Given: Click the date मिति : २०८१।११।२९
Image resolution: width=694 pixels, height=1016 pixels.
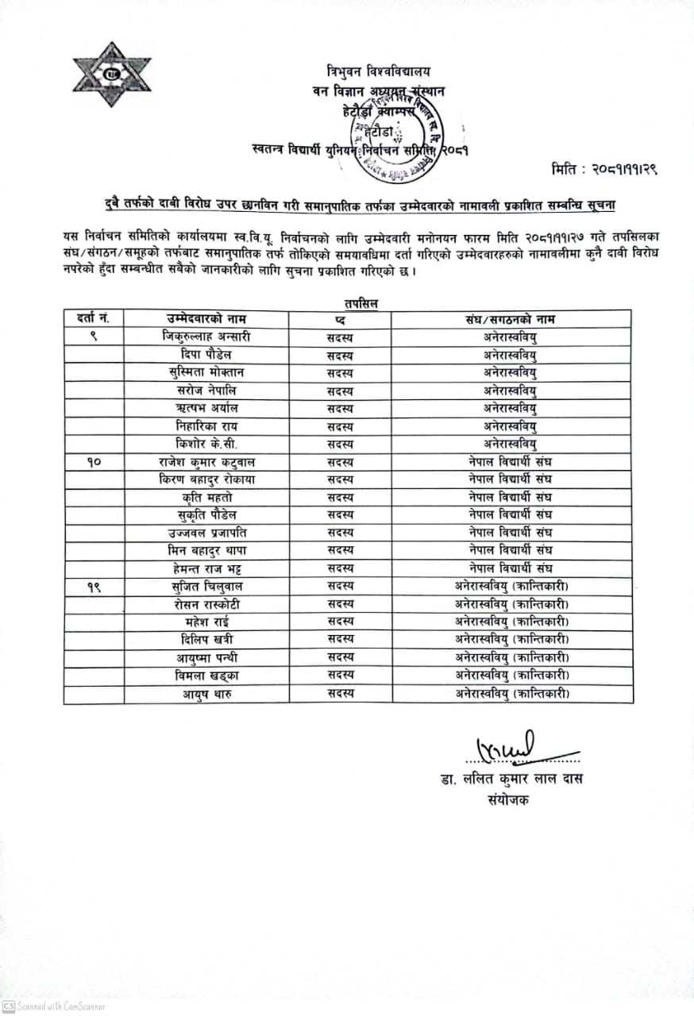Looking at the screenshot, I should [606, 169].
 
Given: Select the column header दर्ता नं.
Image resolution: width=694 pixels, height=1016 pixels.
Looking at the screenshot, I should [94, 319].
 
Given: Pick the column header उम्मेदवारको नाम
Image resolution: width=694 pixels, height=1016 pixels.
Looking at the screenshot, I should [206, 319].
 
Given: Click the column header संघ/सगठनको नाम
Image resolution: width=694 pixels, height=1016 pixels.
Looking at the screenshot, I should [511, 319].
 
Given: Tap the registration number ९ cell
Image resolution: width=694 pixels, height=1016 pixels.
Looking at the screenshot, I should [94, 337].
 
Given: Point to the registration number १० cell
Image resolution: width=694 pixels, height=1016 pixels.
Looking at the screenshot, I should [94, 461].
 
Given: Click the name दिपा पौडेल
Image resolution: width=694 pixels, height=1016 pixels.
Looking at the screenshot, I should [206, 355].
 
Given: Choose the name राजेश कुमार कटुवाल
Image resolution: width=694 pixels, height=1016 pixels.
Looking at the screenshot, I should [206, 461].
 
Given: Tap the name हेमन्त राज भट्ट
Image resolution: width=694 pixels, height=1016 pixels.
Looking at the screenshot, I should [206, 568].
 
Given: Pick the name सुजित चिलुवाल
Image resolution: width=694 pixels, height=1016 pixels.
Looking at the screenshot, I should [206, 586].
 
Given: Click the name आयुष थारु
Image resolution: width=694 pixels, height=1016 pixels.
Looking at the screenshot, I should [206, 693].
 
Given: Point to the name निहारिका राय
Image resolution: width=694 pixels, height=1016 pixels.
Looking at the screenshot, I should [206, 426].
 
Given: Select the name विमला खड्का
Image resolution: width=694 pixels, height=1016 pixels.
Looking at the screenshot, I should [206, 675].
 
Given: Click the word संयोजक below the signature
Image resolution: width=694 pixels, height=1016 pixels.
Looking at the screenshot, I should [509, 799].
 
